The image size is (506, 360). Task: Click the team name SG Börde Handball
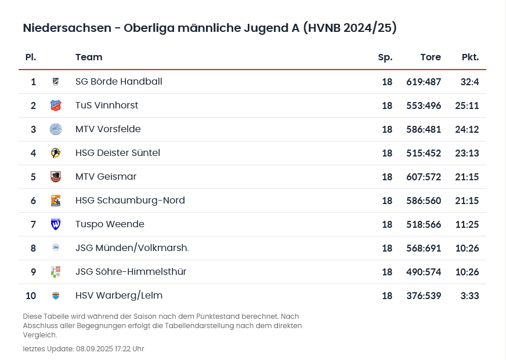pos(118,82)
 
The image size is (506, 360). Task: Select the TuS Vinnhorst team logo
pos(56,106)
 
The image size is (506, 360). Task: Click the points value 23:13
pos(467,153)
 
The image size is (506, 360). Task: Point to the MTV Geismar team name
pos(106,177)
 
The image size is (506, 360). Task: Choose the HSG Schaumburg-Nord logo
pos(56,201)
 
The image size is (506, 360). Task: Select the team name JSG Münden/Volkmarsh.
pos(132,248)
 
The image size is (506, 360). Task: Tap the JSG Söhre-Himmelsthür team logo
pos(56,272)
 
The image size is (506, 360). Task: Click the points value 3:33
pos(469,296)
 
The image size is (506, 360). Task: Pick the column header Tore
pos(430,57)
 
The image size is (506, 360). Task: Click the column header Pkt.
pos(470,57)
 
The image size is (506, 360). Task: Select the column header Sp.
pos(385,57)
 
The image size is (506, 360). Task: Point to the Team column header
pos(89,57)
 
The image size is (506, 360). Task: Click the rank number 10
pos(31,296)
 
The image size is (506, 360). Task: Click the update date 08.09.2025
pos(96,349)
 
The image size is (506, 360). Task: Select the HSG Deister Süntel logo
pos(56,153)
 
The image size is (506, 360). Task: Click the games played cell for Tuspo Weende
pos(387,224)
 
